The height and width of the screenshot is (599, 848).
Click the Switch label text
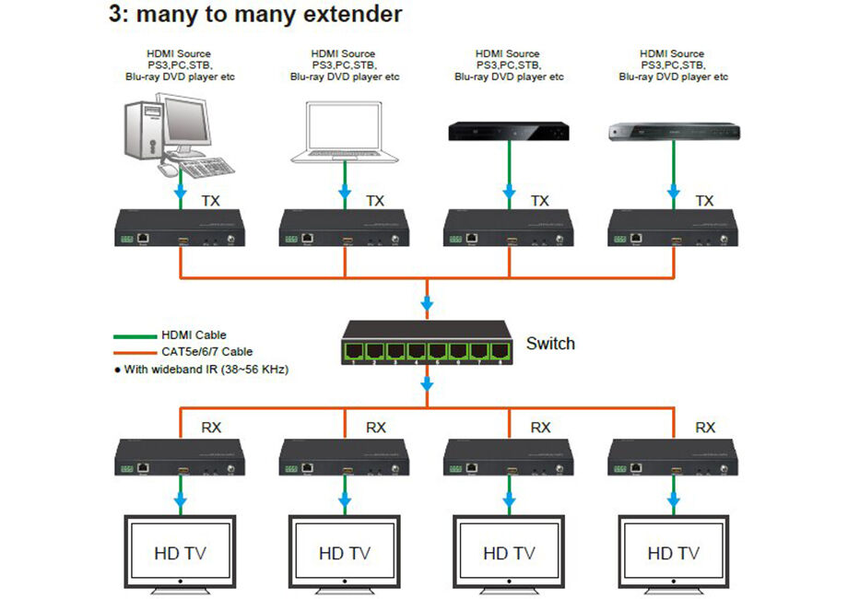[x=550, y=344]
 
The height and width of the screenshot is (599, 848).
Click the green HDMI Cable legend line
[x=134, y=335]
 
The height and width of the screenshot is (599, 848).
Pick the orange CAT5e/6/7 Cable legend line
[x=134, y=351]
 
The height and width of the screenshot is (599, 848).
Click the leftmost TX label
[x=210, y=200]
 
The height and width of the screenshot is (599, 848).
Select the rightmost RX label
[x=705, y=428]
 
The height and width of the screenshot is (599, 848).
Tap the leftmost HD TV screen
[x=180, y=552]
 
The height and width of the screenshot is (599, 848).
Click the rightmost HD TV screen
[x=674, y=552]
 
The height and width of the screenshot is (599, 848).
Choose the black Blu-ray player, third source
[x=509, y=133]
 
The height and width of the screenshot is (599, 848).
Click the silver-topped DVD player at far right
[x=674, y=133]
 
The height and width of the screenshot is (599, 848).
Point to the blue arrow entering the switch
[x=427, y=304]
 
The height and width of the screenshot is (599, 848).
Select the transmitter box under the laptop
[x=344, y=228]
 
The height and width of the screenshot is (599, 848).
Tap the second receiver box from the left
[x=344, y=456]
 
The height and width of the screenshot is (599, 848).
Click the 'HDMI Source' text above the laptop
[x=344, y=53]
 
